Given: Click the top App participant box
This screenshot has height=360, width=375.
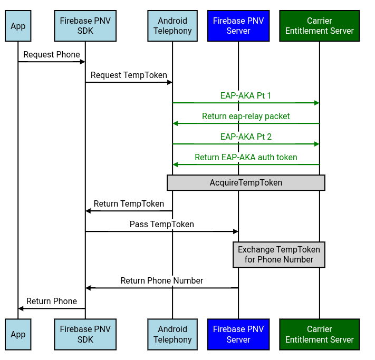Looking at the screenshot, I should pos(18,26).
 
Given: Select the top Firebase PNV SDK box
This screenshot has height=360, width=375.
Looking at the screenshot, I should pos(85,26).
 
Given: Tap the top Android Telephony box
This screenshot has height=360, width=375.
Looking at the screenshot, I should pos(172,26).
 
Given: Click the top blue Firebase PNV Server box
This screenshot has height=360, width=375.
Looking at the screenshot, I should pos(238,26).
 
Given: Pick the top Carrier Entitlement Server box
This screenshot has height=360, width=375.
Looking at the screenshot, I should pos(319,26).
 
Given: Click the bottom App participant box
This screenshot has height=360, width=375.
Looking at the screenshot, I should pos(18,334).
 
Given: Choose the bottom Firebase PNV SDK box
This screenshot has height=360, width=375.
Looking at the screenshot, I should pos(85,334).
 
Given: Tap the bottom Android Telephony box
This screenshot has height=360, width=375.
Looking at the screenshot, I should pos(172,334).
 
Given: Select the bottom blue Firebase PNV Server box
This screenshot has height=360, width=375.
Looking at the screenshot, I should pos(238,334).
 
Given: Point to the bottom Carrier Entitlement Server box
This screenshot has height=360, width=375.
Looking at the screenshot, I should pos(319,334).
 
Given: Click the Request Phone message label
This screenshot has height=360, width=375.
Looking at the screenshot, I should pos(52,54).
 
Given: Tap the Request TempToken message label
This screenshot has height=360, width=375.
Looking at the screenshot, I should pos(129,75).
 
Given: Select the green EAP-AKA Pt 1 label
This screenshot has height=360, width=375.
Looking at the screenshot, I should pos(246,95).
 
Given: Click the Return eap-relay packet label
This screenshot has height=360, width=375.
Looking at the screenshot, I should pos(246,116).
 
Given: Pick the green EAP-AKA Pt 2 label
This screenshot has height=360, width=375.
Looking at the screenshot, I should pos(246,137).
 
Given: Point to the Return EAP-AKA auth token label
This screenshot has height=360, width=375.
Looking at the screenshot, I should pos(246,157).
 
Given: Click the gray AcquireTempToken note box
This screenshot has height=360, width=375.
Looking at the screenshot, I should pos(246,183).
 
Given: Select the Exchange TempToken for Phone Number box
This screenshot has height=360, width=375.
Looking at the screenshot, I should pos(278,255).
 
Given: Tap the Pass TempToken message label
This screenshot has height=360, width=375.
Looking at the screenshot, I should pos(162,224).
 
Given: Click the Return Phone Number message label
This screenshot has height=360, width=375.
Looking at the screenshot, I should pos(162,280).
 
